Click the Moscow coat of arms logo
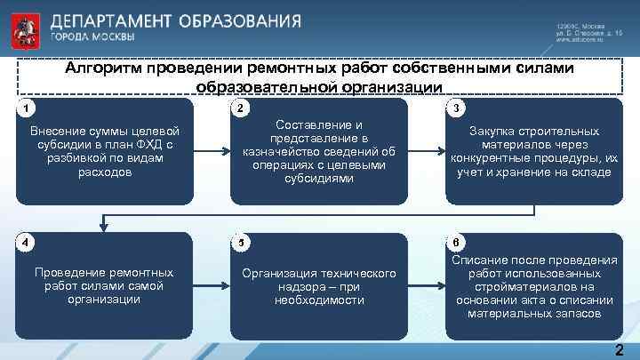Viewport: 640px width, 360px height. (x=24, y=28)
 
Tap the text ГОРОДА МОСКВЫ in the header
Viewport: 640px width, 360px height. (x=92, y=37)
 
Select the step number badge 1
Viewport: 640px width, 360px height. (x=28, y=108)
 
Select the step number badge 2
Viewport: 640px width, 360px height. (x=241, y=108)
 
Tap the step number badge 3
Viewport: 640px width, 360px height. (x=455, y=108)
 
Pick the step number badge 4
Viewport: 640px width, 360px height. (x=28, y=242)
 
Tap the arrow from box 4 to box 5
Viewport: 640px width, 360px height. (x=211, y=286)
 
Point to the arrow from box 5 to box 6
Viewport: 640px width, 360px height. (x=426, y=286)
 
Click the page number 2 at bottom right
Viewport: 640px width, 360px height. (x=619, y=349)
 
